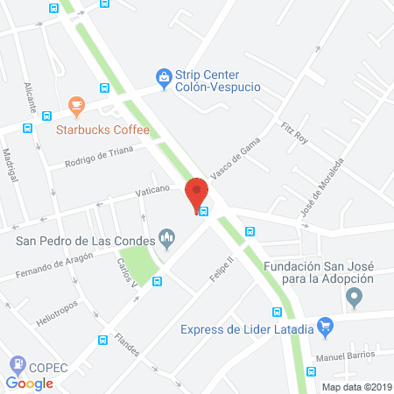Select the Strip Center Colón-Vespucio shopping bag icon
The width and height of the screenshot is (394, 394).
[x=162, y=77]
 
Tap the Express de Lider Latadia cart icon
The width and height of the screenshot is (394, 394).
[x=326, y=328]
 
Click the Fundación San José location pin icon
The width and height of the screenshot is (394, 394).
[x=355, y=299]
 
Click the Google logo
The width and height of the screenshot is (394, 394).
[x=29, y=383]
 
